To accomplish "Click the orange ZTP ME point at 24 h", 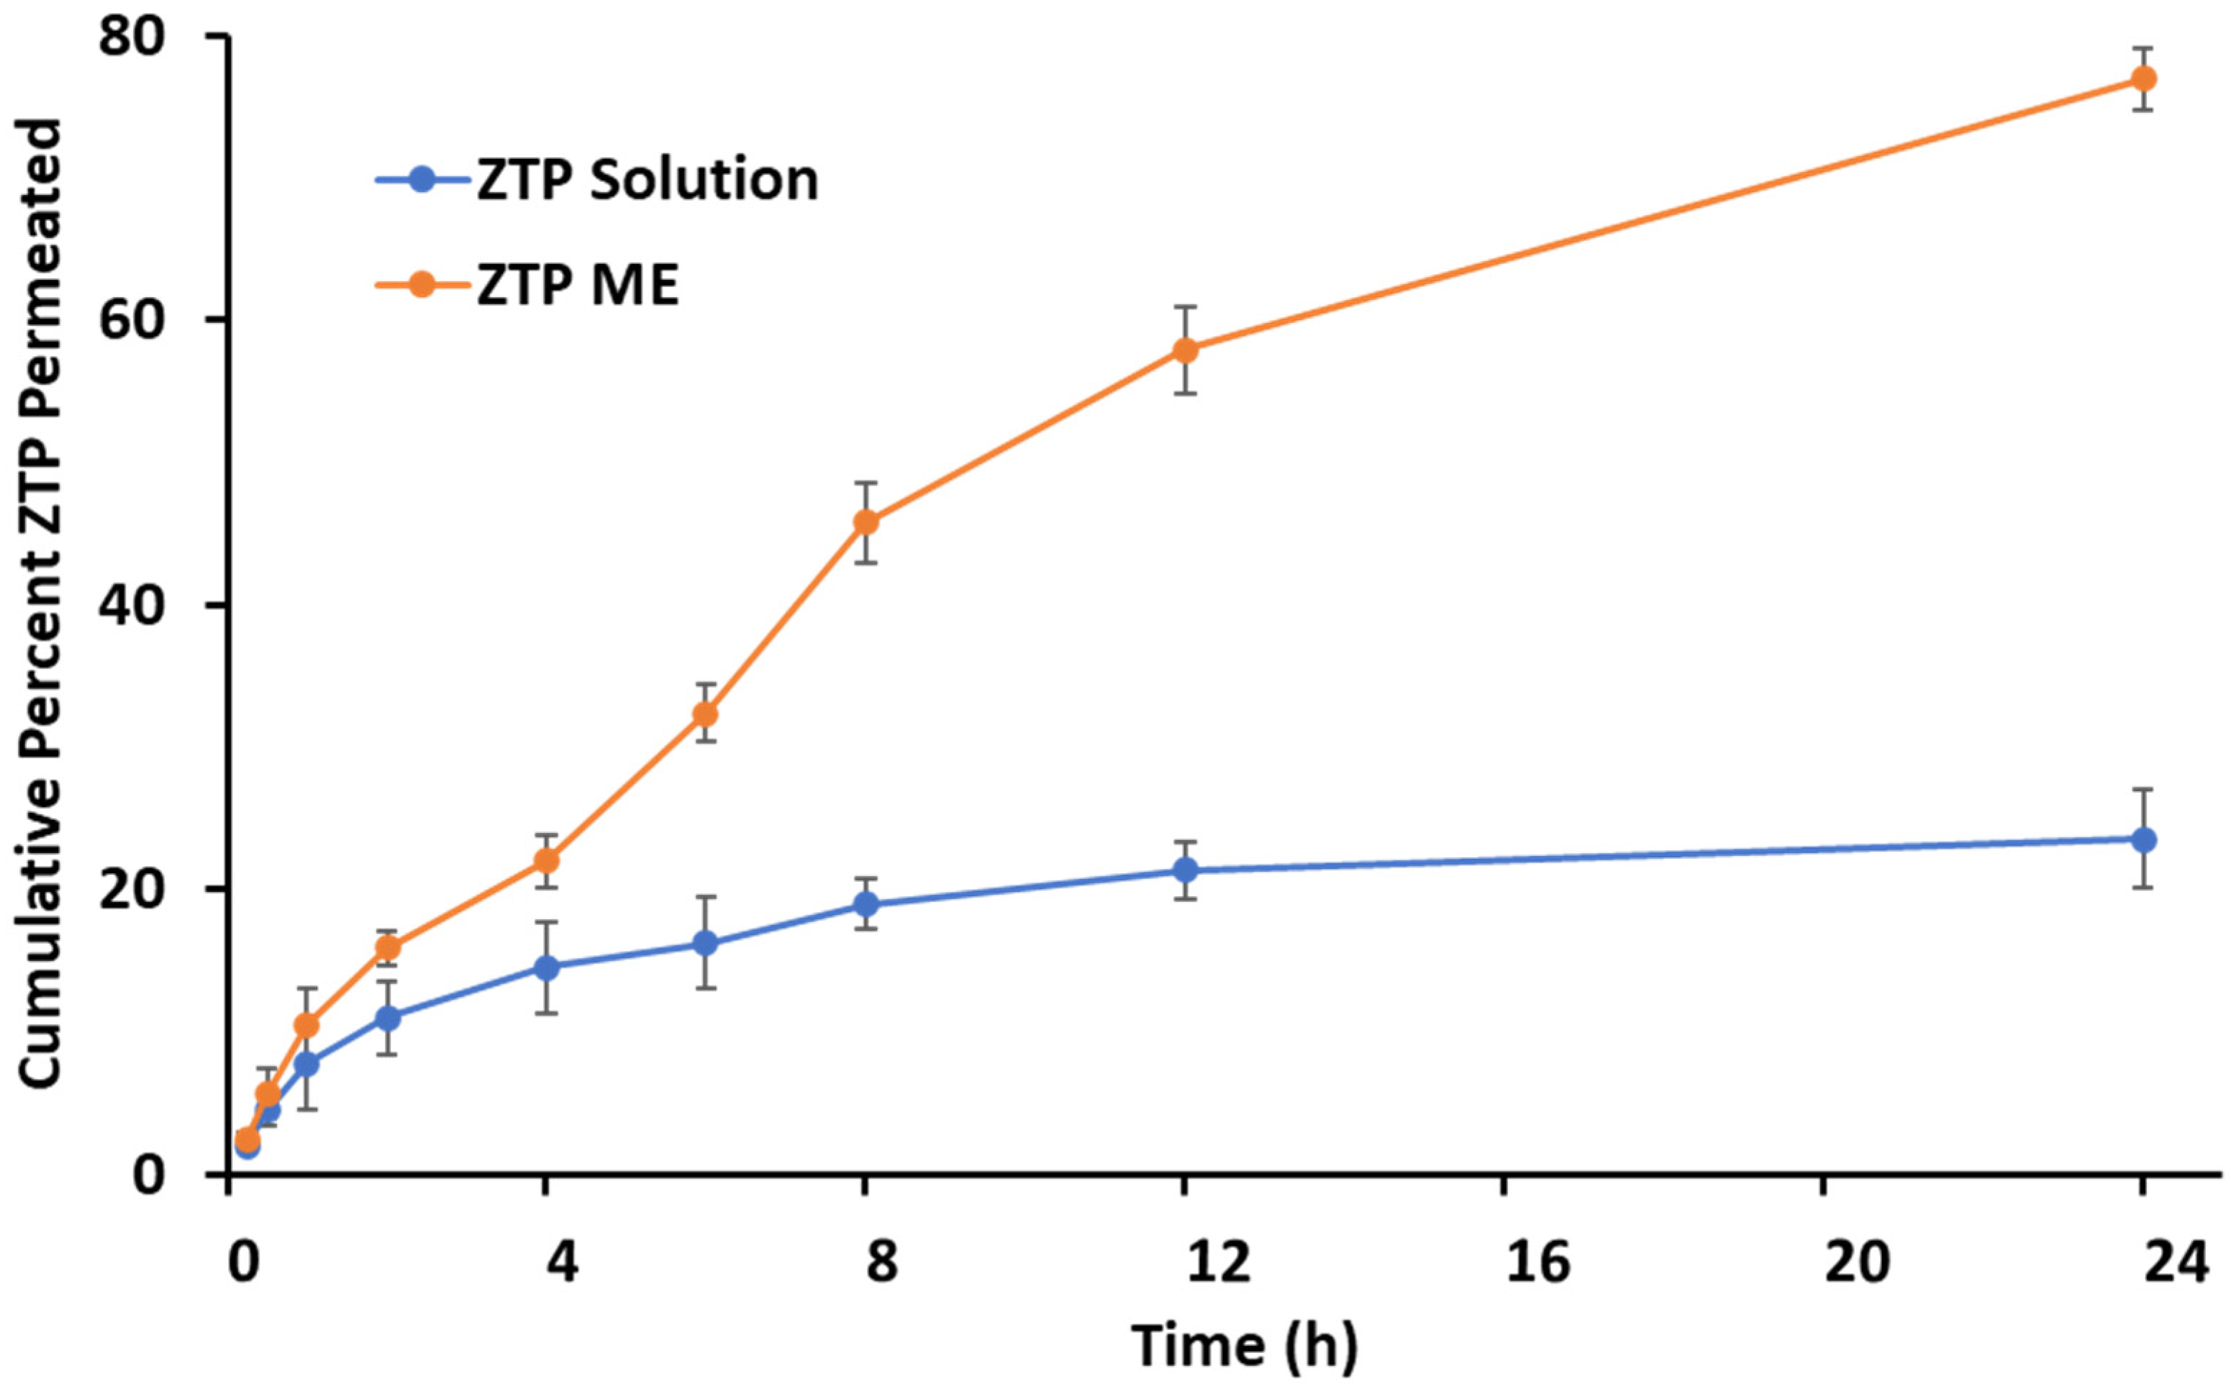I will pyautogui.click(x=2144, y=78).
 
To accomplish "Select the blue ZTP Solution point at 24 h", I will pyautogui.click(x=2144, y=840).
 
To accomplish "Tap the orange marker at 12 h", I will pyautogui.click(x=1185, y=350).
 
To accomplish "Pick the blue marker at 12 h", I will pyautogui.click(x=1185, y=870).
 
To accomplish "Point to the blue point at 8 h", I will pyautogui.click(x=865, y=904).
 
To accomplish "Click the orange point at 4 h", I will pyautogui.click(x=547, y=861).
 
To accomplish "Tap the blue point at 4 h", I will pyautogui.click(x=547, y=967).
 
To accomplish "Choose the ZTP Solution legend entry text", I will pyautogui.click(x=647, y=180).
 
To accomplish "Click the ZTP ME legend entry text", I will pyautogui.click(x=578, y=285).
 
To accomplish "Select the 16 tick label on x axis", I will pyautogui.click(x=1538, y=1261).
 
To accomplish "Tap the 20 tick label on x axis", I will pyautogui.click(x=1857, y=1261).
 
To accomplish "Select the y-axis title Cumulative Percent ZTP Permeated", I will pyautogui.click(x=42, y=604).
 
